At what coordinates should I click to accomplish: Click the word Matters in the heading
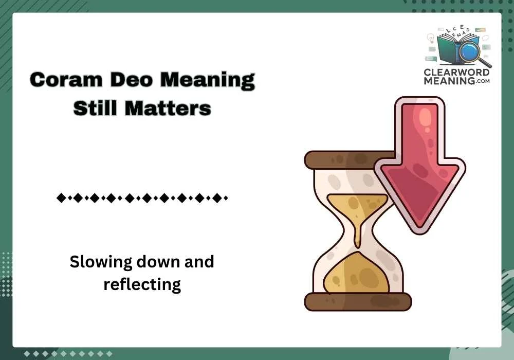pos(169,108)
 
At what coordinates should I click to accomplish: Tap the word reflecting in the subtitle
pos(142,284)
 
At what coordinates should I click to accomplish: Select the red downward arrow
pos(419,159)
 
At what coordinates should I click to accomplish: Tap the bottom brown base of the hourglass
pos(358,301)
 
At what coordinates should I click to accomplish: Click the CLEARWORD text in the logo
pos(456,72)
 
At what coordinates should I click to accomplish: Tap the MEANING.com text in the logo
pos(456,81)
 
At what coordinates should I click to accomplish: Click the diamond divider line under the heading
pos(142,197)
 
